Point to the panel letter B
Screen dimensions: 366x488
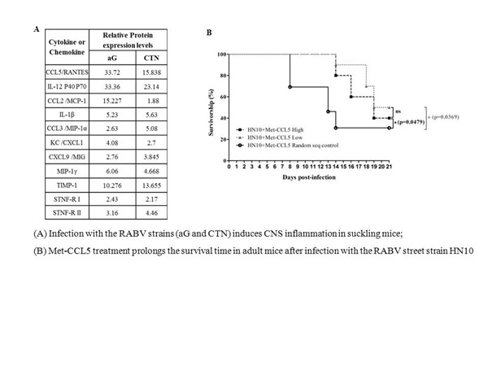(211, 33)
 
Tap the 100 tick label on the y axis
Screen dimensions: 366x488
(221, 54)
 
